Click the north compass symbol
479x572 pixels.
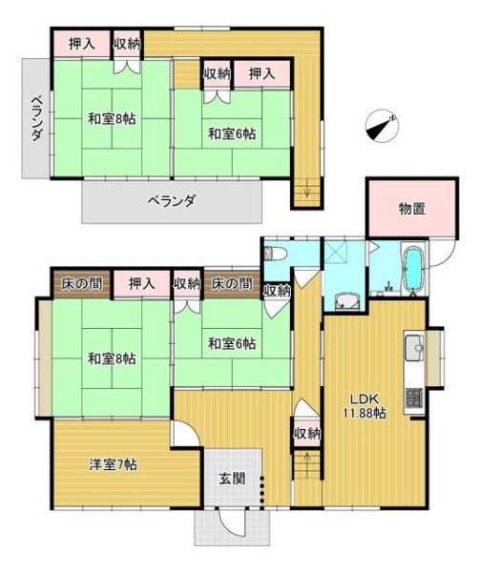coord(382,126)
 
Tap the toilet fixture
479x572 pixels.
coord(272,253)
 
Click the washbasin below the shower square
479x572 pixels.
coord(345,301)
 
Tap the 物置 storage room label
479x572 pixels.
coord(411,209)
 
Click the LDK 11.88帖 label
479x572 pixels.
coord(364,406)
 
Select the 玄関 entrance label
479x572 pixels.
coord(232,479)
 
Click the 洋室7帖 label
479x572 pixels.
coord(114,465)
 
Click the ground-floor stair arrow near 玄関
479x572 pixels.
coord(307,461)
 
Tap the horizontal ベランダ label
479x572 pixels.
coord(172,200)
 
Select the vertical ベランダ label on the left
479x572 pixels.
coord(35,118)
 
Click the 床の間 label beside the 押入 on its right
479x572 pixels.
coord(81,283)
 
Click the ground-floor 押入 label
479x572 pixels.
coord(141,283)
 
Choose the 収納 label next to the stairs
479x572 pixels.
coord(307,434)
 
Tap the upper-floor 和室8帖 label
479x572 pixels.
coord(112,119)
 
